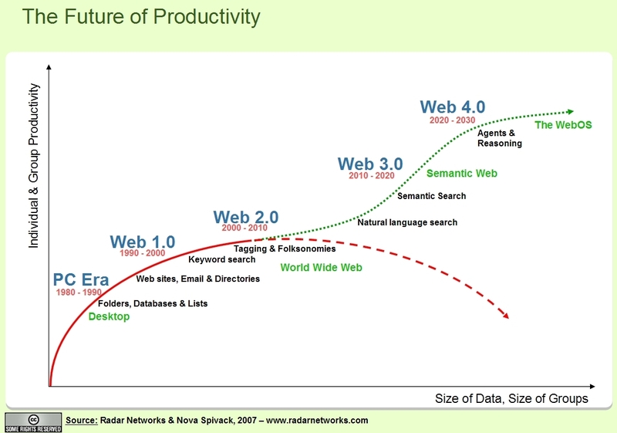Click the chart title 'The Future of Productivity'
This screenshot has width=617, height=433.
[141, 17]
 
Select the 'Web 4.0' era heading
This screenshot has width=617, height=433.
[453, 107]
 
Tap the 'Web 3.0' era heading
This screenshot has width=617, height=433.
[370, 164]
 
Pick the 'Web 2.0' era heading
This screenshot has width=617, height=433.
[246, 217]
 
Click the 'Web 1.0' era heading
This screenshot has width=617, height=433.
[143, 242]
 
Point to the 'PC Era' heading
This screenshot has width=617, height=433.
[81, 279]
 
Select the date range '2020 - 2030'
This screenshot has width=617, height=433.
[453, 120]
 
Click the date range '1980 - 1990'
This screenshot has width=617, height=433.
[79, 293]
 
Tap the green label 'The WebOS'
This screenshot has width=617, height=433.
[563, 125]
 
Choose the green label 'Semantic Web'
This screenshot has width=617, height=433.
[462, 174]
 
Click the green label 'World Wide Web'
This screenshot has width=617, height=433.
[321, 268]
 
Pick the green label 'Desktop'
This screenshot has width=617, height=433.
[109, 316]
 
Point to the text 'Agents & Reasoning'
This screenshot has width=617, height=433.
[500, 138]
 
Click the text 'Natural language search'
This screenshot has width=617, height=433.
[407, 222]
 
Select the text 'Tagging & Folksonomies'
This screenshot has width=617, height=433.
[285, 249]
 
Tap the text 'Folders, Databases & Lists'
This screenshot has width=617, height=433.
[153, 303]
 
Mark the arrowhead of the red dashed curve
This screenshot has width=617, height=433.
[505, 315]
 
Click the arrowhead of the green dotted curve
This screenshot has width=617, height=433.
[571, 112]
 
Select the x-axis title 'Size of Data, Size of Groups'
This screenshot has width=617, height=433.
[511, 399]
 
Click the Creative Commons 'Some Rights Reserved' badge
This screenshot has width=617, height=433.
[33, 422]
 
